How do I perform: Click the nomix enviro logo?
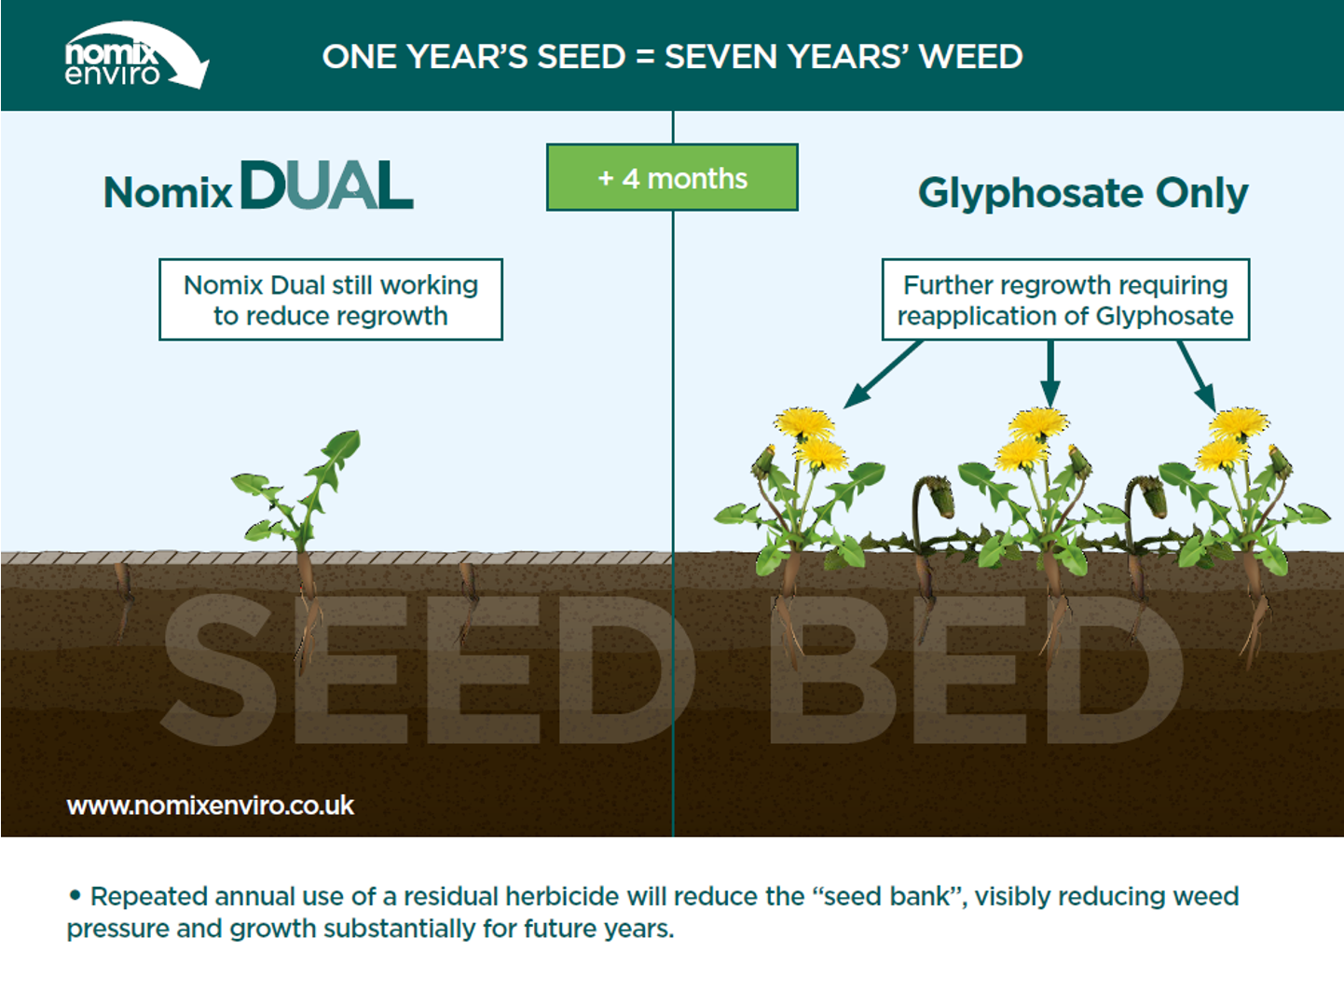click(136, 55)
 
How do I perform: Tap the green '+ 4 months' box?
click(672, 178)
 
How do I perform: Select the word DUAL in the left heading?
click(327, 185)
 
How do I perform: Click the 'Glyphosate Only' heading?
click(1082, 193)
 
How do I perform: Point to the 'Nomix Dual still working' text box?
click(331, 299)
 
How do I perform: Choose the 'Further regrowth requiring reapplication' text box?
click(1065, 299)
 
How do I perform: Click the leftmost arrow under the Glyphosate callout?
click(883, 374)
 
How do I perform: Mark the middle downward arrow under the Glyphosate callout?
click(1050, 374)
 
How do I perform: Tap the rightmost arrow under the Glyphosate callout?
click(1197, 376)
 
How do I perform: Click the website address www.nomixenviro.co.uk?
click(210, 806)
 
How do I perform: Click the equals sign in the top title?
click(645, 57)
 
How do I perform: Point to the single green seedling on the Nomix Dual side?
click(297, 490)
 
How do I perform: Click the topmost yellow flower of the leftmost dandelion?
click(804, 423)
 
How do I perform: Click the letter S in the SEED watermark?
click(219, 669)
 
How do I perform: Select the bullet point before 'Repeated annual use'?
click(75, 896)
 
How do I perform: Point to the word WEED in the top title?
click(970, 56)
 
